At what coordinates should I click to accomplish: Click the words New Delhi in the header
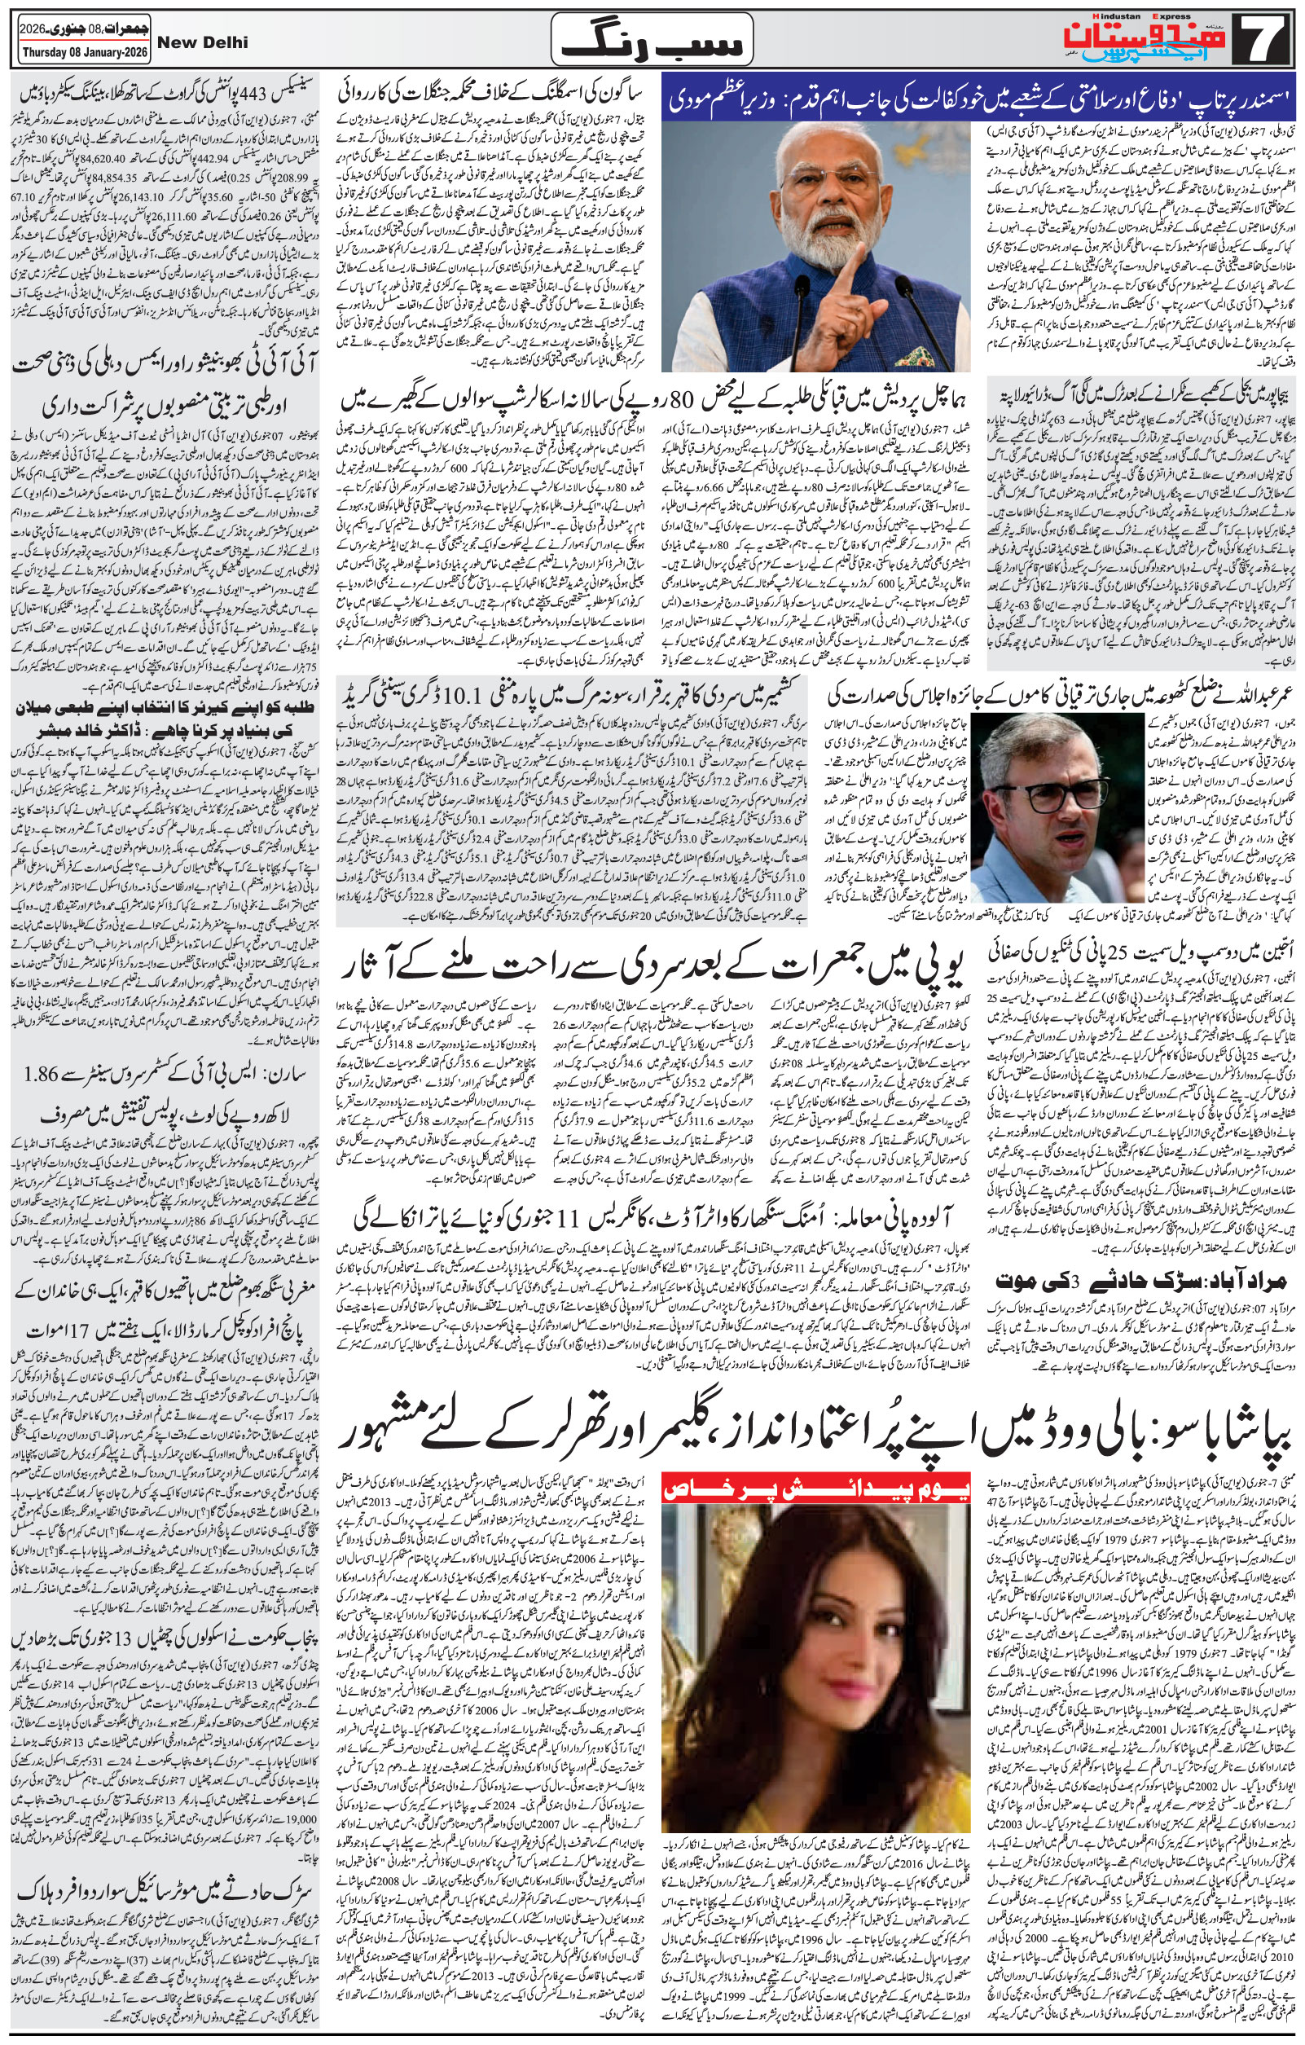pyautogui.click(x=201, y=42)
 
